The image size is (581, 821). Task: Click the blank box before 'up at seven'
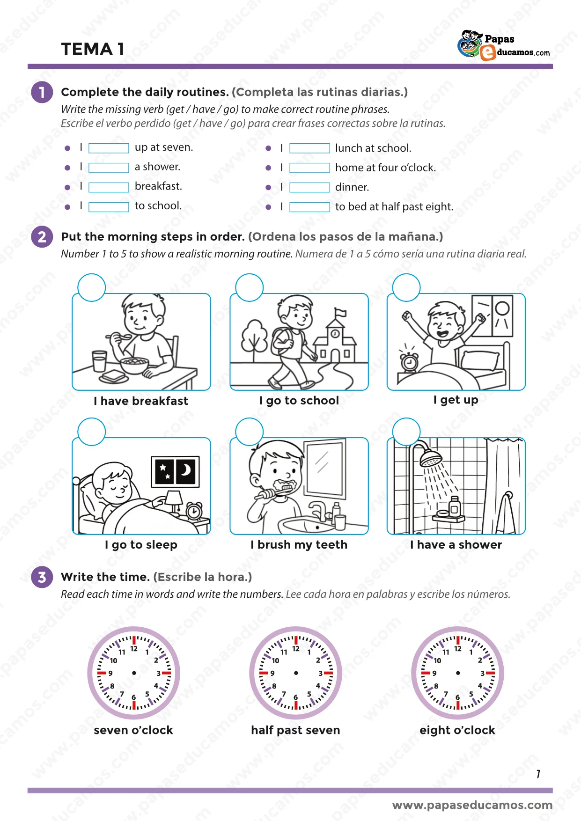(x=109, y=148)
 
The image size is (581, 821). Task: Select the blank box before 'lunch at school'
(x=309, y=148)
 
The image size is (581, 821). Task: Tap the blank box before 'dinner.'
(x=309, y=187)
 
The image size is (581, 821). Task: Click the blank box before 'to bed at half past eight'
(x=309, y=207)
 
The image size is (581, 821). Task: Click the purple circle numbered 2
(x=42, y=237)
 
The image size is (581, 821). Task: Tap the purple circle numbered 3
(x=42, y=577)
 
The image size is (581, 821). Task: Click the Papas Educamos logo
(x=504, y=45)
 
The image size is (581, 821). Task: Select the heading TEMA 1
(x=93, y=49)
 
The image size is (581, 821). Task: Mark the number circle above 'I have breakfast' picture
(x=92, y=287)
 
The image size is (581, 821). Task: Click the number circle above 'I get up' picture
(x=406, y=287)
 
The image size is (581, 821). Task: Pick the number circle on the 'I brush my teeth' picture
(x=250, y=432)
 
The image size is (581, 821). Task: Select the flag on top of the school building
(x=340, y=312)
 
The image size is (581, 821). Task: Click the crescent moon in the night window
(x=187, y=469)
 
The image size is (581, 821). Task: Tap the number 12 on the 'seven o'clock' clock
(x=134, y=649)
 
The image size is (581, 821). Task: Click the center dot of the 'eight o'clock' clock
(x=458, y=673)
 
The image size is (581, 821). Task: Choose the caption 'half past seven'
(x=295, y=730)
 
